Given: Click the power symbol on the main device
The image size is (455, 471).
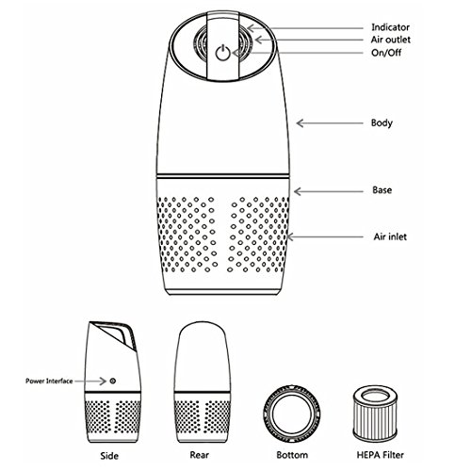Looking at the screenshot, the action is click(x=222, y=53).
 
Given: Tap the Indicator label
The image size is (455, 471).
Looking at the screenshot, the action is click(x=390, y=27).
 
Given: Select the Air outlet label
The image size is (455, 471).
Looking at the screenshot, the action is click(x=390, y=40).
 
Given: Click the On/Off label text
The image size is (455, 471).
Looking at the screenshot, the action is click(x=386, y=53).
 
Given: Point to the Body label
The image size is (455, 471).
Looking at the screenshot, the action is click(x=382, y=122).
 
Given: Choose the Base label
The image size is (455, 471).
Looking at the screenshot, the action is click(x=382, y=190).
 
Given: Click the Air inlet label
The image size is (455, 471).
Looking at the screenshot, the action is click(x=390, y=236).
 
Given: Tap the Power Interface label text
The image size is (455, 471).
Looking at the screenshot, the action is click(x=49, y=381).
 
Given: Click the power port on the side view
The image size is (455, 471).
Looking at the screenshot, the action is click(x=113, y=381).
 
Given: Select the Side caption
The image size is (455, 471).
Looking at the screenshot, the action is click(x=109, y=456).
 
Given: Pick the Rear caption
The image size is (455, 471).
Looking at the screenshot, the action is click(x=199, y=455).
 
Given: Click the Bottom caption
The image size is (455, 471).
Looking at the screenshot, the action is click(x=292, y=455).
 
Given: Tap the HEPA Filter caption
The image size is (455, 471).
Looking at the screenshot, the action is click(x=380, y=455).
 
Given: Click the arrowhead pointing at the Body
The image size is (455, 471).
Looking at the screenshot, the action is click(x=300, y=123).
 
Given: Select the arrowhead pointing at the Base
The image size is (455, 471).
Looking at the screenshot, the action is click(x=298, y=191).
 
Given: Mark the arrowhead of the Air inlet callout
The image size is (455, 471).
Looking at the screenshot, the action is click(x=290, y=236).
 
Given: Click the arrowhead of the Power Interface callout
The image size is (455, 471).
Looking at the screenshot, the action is click(x=103, y=381).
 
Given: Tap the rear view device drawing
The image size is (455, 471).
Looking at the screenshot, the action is click(x=203, y=382).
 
